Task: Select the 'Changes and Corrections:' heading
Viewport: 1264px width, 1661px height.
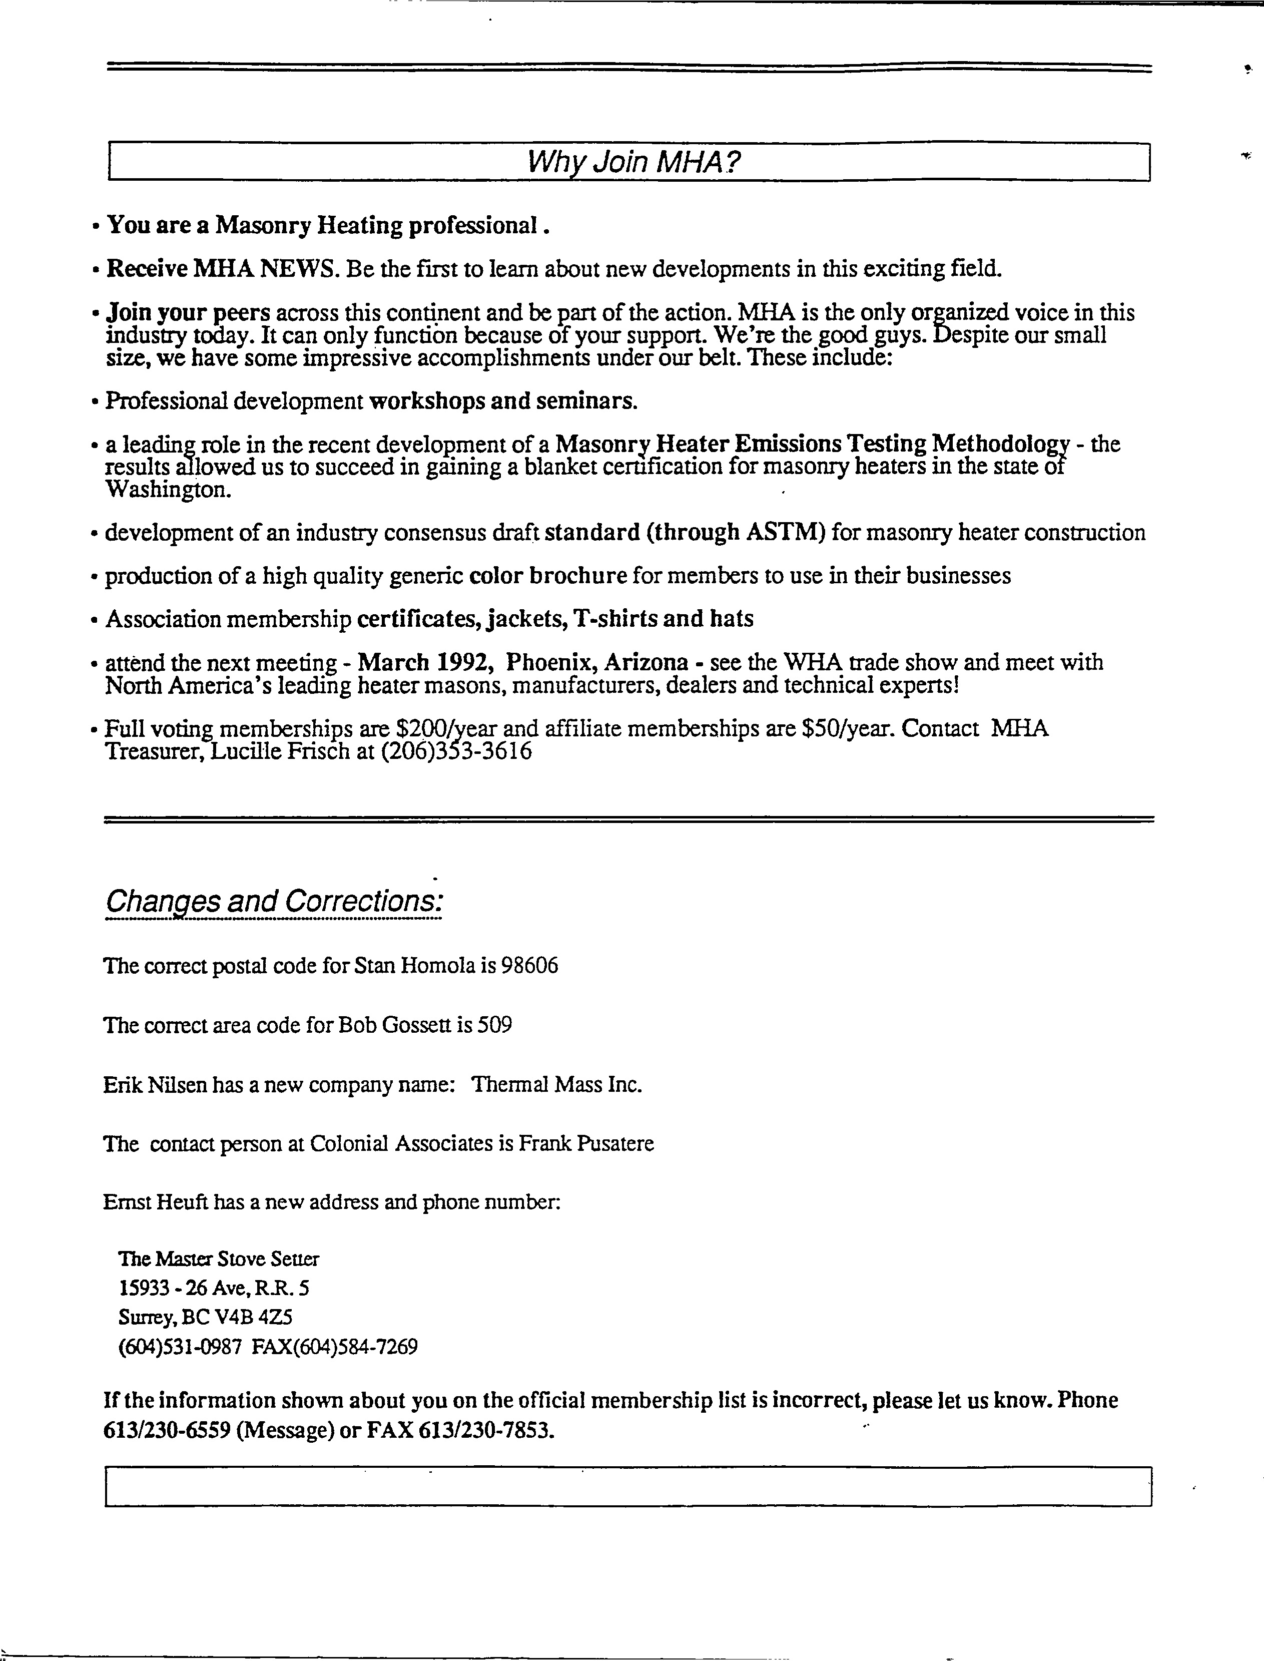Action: pos(273,901)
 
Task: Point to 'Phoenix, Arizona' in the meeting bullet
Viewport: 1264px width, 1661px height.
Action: pos(596,662)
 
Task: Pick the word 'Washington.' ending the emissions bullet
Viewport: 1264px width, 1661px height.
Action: pos(168,490)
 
